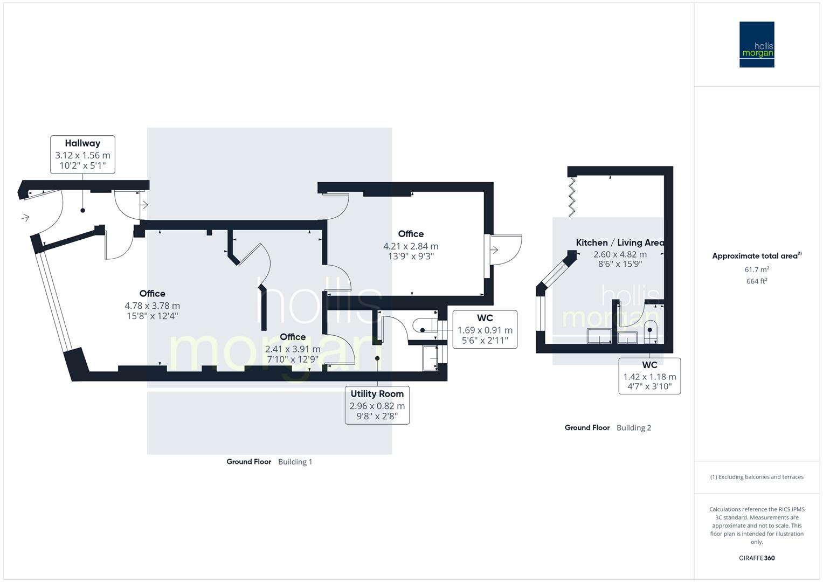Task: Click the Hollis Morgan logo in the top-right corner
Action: click(x=756, y=44)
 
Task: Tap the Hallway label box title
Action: click(x=82, y=143)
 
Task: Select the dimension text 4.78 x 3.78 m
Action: click(x=152, y=306)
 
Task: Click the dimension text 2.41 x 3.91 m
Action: click(x=293, y=349)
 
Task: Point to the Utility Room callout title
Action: click(x=377, y=394)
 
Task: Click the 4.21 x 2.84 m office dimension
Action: click(x=411, y=246)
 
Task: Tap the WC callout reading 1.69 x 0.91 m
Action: click(x=485, y=329)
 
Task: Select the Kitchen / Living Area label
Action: click(x=619, y=242)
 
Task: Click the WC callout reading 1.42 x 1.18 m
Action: click(x=649, y=376)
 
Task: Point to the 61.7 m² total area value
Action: click(x=756, y=269)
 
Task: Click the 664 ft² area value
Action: click(x=756, y=281)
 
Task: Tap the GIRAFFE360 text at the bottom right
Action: click(x=756, y=558)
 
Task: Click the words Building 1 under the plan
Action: click(x=295, y=462)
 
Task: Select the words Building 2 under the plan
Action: click(x=633, y=428)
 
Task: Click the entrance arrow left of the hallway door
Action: click(x=25, y=218)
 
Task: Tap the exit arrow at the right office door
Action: click(x=494, y=249)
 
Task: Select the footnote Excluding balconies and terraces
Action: click(x=756, y=477)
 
